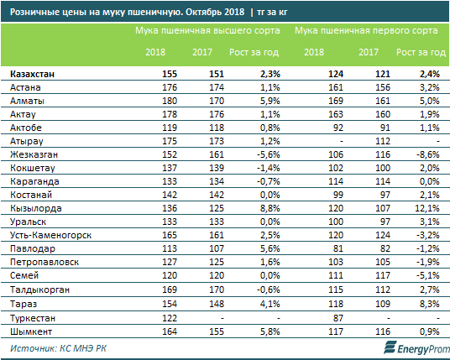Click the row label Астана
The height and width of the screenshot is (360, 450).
(x=25, y=87)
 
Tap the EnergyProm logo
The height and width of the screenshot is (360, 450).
(x=416, y=348)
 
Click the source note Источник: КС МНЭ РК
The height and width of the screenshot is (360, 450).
(x=58, y=348)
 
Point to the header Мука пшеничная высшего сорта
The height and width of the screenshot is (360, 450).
(x=207, y=31)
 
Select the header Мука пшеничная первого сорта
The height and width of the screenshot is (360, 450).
(x=366, y=31)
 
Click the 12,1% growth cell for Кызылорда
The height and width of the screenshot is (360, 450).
(x=427, y=208)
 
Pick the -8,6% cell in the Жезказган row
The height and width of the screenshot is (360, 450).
(x=428, y=154)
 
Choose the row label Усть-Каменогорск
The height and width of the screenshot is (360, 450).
(x=51, y=235)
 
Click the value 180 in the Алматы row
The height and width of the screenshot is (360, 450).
(x=170, y=101)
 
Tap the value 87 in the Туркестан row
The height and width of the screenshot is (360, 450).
(x=337, y=318)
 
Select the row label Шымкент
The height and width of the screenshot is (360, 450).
(x=31, y=331)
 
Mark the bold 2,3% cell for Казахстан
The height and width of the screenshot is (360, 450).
(x=270, y=74)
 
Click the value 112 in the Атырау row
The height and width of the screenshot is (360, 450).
(x=383, y=141)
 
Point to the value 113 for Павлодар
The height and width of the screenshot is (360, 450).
(x=170, y=248)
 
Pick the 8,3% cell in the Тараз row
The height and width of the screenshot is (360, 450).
(x=429, y=304)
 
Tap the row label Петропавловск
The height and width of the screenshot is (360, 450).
(x=44, y=262)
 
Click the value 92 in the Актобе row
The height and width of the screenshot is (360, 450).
(x=337, y=128)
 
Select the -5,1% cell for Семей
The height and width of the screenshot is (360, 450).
(x=428, y=275)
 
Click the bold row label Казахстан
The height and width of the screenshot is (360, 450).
(x=32, y=74)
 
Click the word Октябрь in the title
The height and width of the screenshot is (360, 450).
(x=203, y=12)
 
